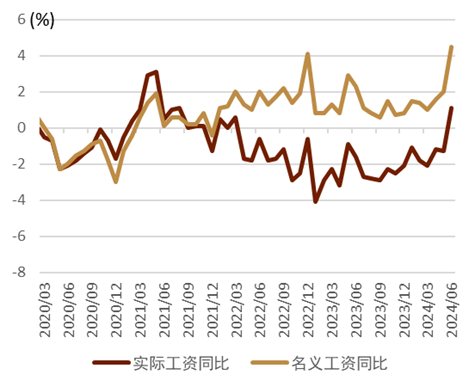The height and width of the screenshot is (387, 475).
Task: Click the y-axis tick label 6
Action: point(22,20)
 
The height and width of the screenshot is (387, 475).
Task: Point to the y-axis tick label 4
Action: point(22,56)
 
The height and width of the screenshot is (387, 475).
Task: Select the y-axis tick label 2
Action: point(22,92)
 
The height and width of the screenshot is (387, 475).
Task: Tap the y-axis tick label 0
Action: point(22,128)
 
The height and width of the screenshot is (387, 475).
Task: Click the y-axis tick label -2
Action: point(19,164)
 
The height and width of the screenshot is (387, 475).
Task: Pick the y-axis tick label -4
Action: point(19,200)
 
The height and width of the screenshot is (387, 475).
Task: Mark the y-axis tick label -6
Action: point(19,236)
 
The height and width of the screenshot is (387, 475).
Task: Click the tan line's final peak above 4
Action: point(452,47)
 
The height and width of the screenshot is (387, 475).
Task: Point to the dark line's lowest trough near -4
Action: point(315,202)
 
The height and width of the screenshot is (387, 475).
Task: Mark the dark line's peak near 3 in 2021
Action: point(156,72)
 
